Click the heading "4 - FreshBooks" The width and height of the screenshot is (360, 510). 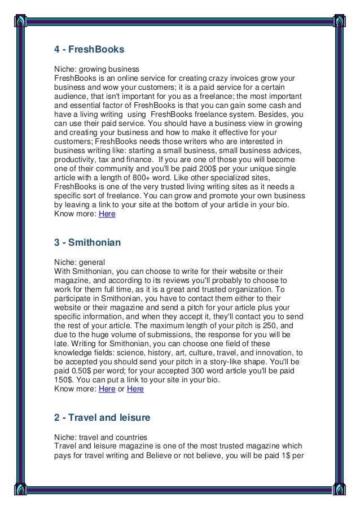89,49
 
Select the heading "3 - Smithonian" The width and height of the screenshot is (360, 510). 87,243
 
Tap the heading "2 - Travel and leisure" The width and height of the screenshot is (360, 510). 102,418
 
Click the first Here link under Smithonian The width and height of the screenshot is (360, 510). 106,389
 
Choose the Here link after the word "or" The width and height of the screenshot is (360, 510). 135,389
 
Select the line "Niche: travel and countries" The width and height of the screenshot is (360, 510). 100,436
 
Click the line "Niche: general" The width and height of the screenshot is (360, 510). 79,261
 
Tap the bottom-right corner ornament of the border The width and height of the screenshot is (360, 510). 340,489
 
